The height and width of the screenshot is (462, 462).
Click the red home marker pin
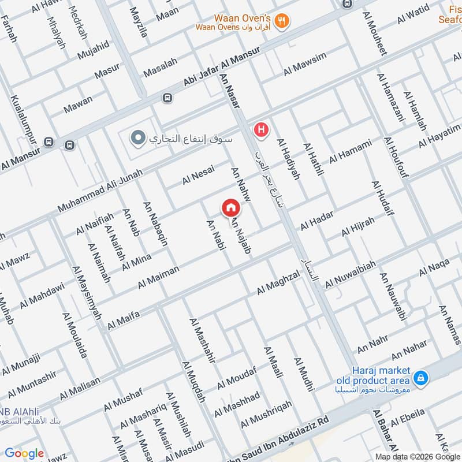point(230,207)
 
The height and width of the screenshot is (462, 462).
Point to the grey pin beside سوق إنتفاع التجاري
point(137,139)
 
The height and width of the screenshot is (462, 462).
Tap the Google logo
point(24,453)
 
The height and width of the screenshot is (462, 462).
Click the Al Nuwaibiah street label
point(351,274)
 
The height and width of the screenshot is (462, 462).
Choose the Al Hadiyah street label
point(289,159)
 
